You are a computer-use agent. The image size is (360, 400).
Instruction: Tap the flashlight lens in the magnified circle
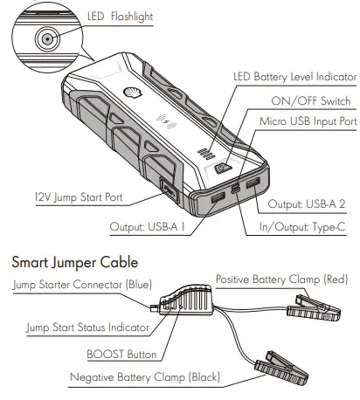[x=44, y=39]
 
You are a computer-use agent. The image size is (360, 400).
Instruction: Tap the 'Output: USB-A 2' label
[x=308, y=203]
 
